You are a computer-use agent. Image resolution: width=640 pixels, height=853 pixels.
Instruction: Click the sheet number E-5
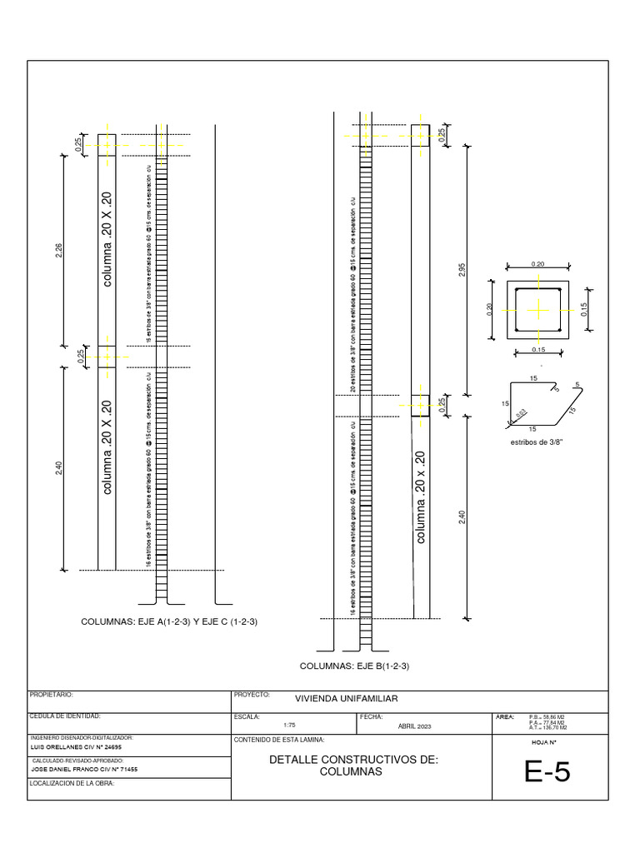pyautogui.click(x=547, y=774)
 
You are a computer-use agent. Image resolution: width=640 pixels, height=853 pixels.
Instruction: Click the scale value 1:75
pyautogui.click(x=290, y=726)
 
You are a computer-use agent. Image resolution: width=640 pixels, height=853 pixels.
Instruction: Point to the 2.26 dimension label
pyautogui.click(x=58, y=250)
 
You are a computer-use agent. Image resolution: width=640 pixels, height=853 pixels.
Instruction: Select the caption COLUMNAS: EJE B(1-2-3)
pyautogui.click(x=354, y=666)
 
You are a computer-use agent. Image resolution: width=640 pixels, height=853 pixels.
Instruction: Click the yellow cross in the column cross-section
pyautogui.click(x=539, y=311)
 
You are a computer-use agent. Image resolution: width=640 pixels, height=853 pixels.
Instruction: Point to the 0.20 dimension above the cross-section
pyautogui.click(x=537, y=264)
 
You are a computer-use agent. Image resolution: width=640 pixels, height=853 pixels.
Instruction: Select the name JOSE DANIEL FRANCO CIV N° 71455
pyautogui.click(x=80, y=770)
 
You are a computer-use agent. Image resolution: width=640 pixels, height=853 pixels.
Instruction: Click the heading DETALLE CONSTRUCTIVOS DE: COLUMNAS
pyautogui.click(x=353, y=766)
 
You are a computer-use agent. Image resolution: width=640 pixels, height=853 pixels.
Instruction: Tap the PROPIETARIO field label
pyautogui.click(x=52, y=694)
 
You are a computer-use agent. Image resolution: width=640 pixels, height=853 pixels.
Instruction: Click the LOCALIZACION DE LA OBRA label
pyautogui.click(x=71, y=784)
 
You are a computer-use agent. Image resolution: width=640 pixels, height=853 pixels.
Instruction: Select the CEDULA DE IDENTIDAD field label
pyautogui.click(x=65, y=716)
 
